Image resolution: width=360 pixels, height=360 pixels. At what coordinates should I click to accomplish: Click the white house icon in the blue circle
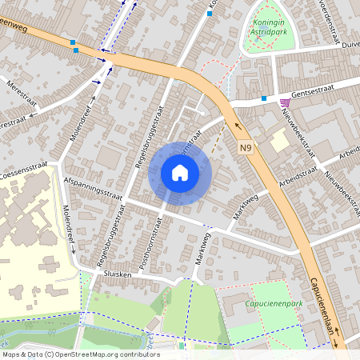tap(180, 173)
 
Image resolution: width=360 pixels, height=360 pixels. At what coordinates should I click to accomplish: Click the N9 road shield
tap(247, 148)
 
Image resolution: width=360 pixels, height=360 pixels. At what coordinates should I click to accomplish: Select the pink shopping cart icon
tap(285, 102)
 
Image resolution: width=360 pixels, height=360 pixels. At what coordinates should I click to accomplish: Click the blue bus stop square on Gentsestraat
tap(263, 98)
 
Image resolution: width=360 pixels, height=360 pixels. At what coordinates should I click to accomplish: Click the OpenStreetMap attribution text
tap(70, 354)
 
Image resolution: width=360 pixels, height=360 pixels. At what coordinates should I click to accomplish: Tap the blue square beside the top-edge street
tap(210, 14)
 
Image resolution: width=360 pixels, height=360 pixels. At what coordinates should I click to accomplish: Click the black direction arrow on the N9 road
tap(235, 124)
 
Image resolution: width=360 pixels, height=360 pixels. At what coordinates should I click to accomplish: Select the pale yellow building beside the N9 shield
tap(280, 142)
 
